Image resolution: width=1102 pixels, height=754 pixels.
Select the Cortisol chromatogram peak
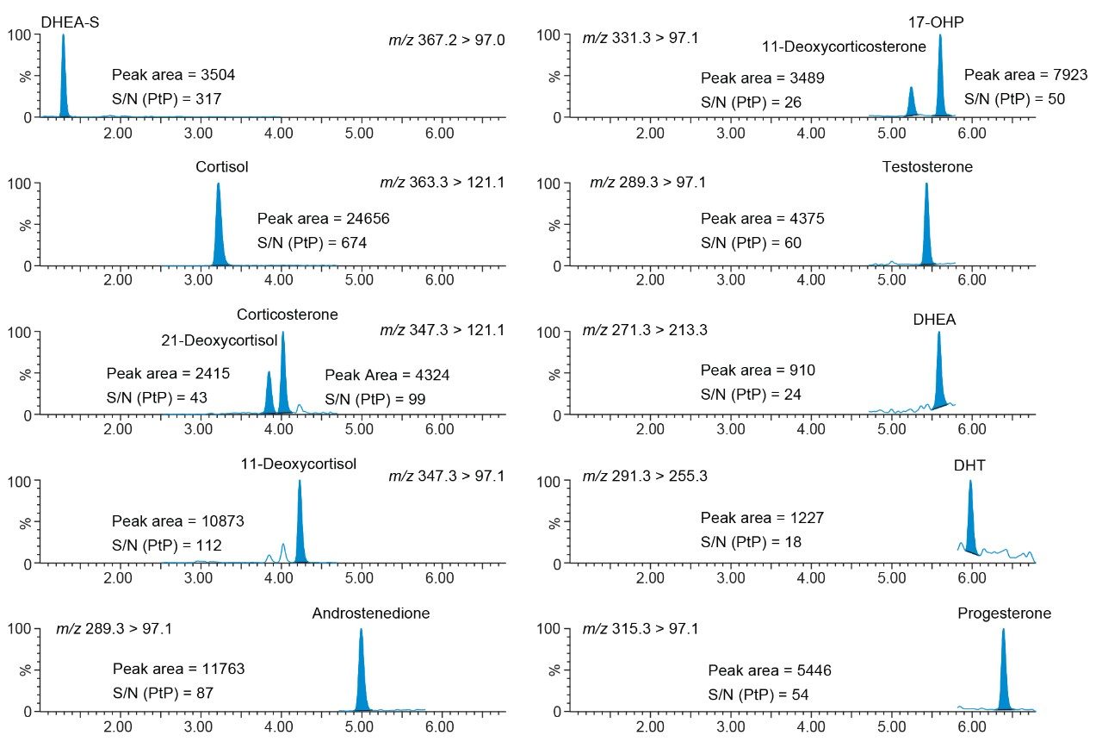coord(219,228)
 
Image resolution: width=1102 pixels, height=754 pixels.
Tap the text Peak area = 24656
coord(323,219)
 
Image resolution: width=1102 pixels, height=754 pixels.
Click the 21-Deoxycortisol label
coord(220,340)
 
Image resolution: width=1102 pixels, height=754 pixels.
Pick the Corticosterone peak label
coord(288,315)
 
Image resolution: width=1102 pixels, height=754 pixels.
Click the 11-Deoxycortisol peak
coord(300,526)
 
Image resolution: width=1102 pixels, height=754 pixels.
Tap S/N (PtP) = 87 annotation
coord(163,693)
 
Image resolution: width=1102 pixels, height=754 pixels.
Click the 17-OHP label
coord(936,22)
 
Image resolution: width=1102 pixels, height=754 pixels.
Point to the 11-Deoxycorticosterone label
coord(844,47)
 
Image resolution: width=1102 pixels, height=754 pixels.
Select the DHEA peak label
coord(934,321)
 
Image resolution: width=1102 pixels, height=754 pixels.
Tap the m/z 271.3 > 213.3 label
coord(646,330)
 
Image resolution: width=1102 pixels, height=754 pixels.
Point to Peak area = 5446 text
coord(770,670)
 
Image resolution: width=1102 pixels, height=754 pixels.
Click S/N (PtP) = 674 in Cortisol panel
coord(312,243)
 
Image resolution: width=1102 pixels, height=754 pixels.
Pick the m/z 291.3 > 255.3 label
coord(646,475)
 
